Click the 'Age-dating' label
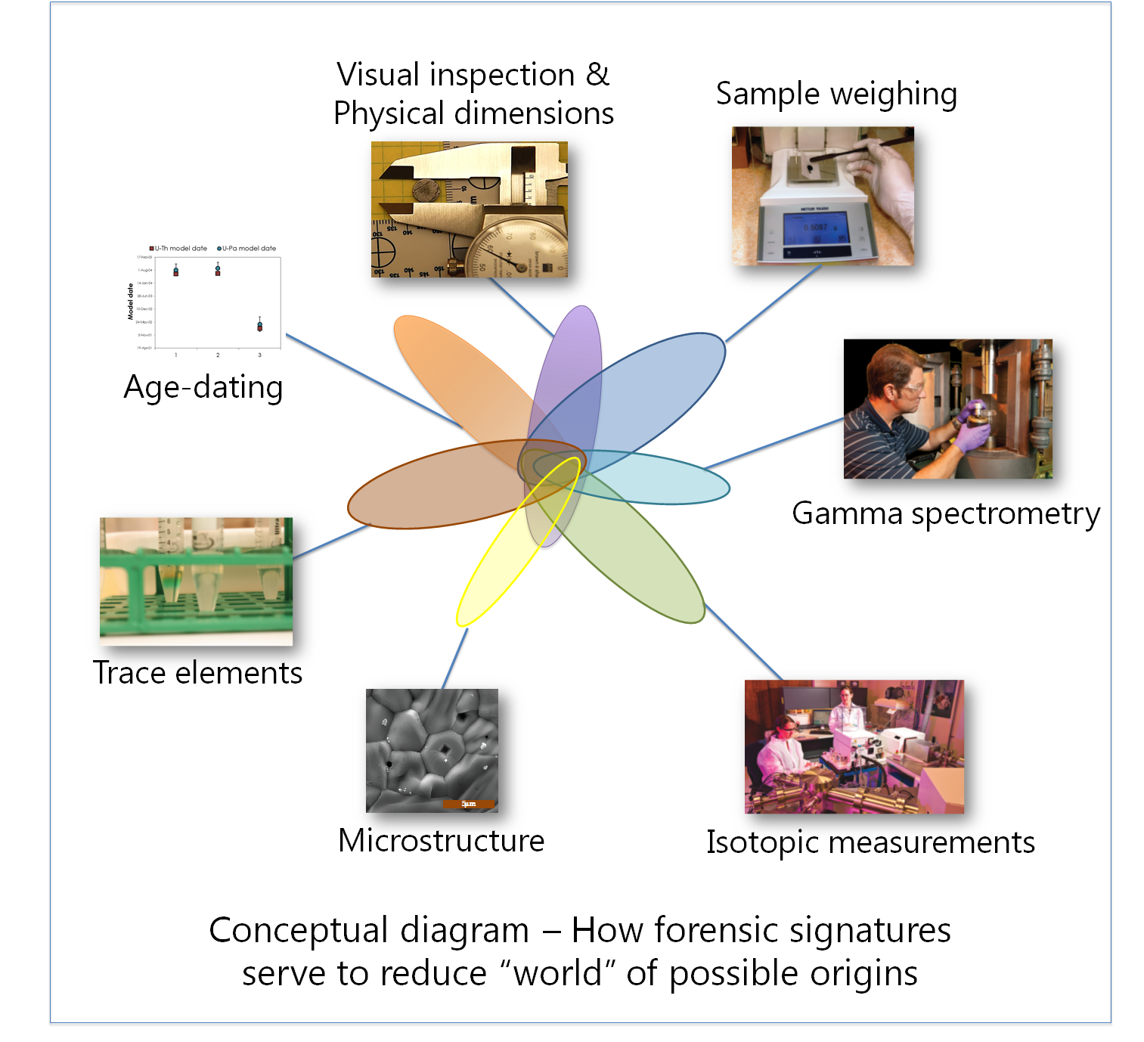point(203,387)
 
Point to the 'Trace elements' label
point(197,672)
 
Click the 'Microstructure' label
point(441,840)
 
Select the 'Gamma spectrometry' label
point(945,513)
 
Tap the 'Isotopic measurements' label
point(870,842)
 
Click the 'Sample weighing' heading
point(836,94)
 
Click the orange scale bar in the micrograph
point(469,804)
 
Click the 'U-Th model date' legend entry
point(178,248)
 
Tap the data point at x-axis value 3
point(259,326)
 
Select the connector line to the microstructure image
point(454,658)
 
